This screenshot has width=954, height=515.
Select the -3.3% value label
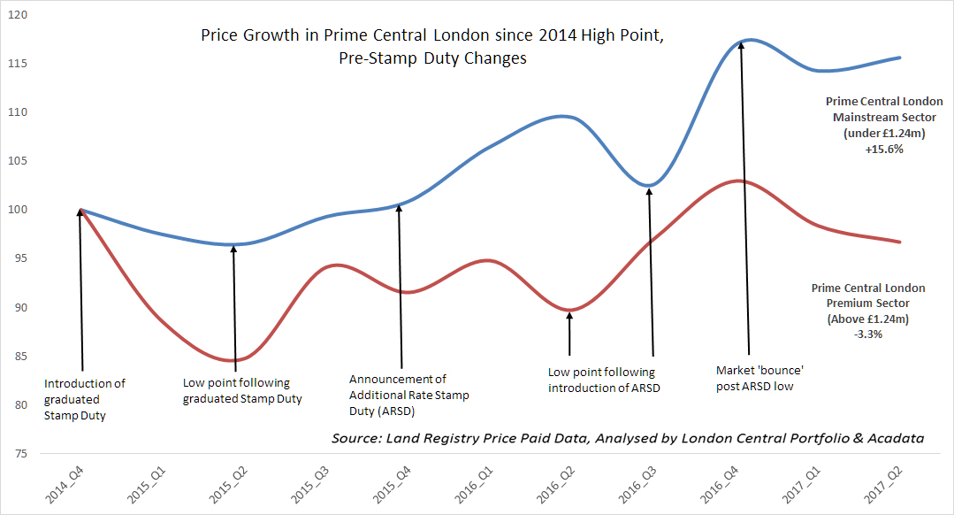point(868,334)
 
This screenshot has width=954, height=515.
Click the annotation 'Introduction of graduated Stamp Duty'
point(85,399)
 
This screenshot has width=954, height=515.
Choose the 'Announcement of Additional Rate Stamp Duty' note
point(409,395)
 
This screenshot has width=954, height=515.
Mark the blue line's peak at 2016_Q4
point(748,40)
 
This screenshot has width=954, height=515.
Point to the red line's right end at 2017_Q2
point(900,242)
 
